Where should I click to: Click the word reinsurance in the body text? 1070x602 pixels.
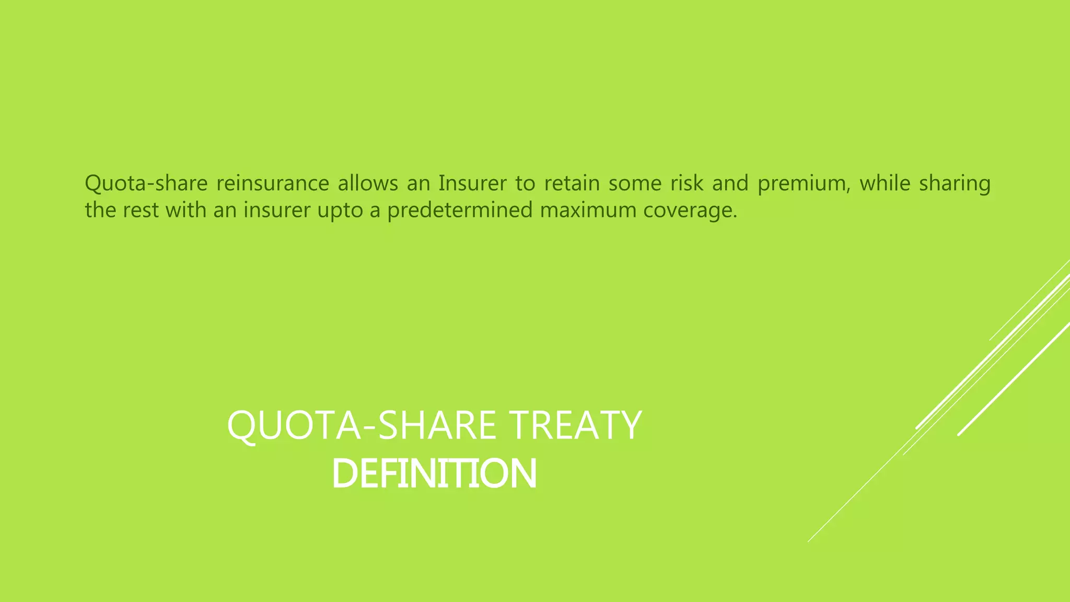click(272, 183)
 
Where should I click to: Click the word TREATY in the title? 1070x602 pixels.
click(575, 425)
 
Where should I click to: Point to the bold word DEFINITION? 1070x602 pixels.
click(434, 473)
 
